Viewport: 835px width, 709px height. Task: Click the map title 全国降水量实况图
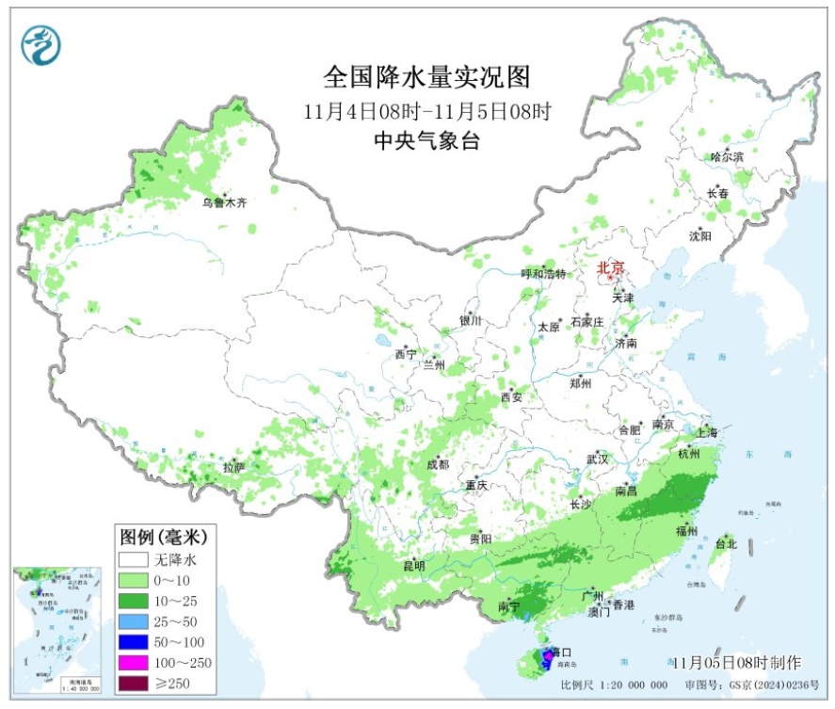[x=427, y=75]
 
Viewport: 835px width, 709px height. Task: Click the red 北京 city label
[x=609, y=268]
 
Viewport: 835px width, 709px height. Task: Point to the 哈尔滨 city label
[x=727, y=156]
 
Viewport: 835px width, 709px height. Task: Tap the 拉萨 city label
[x=234, y=467]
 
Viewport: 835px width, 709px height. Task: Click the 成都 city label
[x=437, y=464]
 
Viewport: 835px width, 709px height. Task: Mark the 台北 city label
[x=726, y=544]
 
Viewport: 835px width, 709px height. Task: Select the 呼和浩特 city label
[x=544, y=274]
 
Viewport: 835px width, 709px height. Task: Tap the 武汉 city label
[x=598, y=459]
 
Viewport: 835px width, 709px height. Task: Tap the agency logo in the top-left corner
[x=40, y=43]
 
